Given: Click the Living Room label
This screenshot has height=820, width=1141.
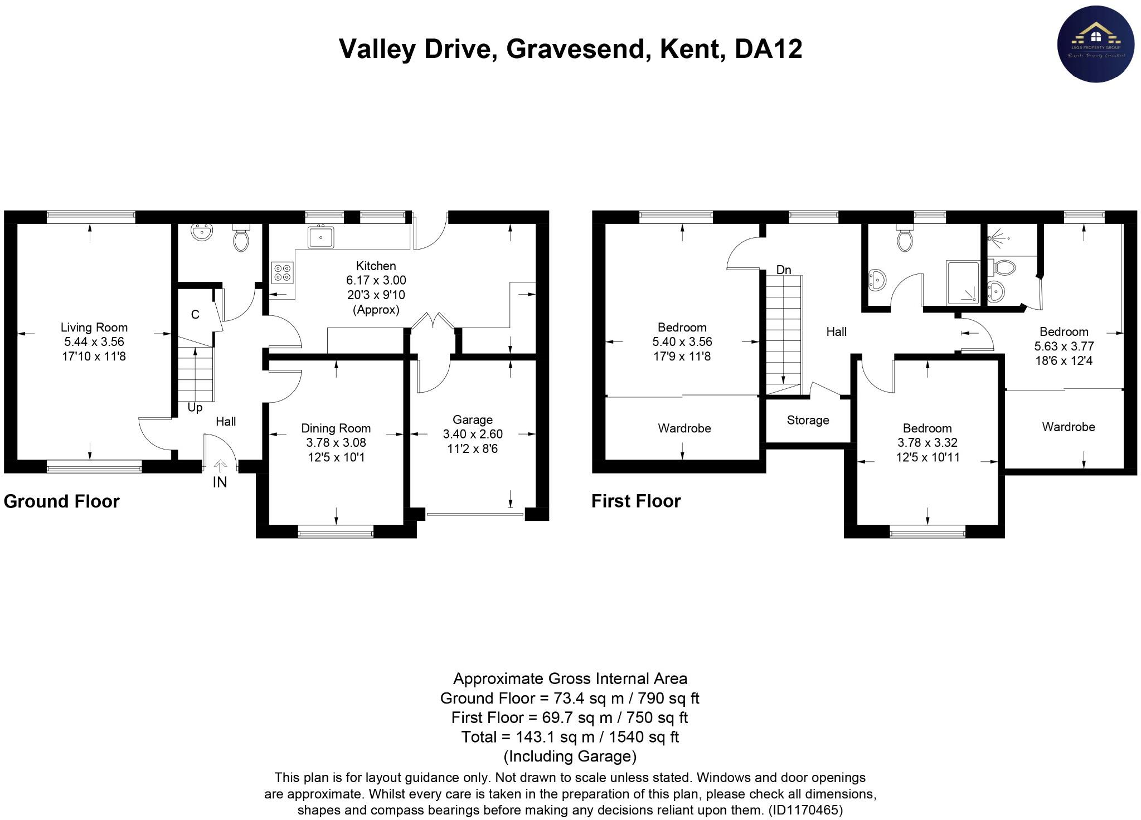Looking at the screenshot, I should pos(94,328).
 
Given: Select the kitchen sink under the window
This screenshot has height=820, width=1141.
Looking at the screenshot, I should pos(321,237).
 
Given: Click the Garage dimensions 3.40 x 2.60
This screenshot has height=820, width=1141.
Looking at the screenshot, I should pos(472,434).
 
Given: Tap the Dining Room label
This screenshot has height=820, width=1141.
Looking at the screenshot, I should pos(336,428).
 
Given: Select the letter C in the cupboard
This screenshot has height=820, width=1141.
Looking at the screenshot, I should pos(195,315).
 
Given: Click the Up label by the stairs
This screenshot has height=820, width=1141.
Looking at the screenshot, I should pos(195,408).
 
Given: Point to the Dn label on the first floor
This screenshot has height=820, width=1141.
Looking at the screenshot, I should pos(783,270).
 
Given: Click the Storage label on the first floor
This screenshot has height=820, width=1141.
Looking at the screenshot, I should pos(808,420).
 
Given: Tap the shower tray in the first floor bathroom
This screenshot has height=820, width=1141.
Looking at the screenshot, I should pos(963,283).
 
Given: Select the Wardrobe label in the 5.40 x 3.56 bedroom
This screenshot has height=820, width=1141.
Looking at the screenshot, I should pos(684,428).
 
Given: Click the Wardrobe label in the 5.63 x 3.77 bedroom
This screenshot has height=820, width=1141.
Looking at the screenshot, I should pos(1068,427).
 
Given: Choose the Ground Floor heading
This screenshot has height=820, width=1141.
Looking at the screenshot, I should pos(61,501).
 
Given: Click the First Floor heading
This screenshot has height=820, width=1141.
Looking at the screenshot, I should pos(635,501).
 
